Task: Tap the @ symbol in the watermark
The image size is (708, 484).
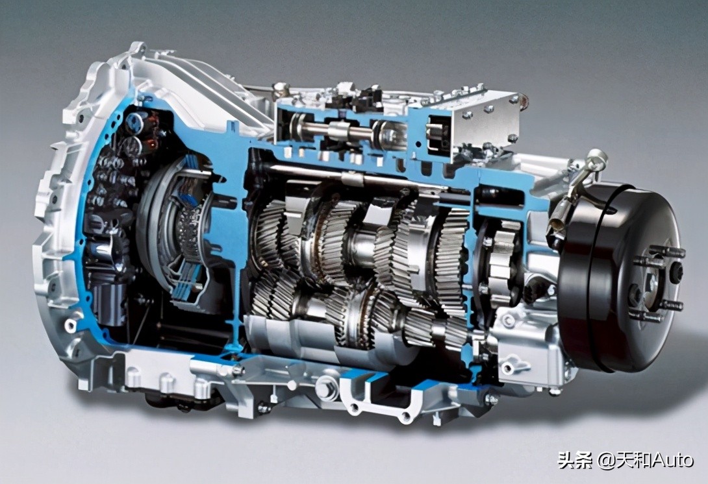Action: pos(606,461)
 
